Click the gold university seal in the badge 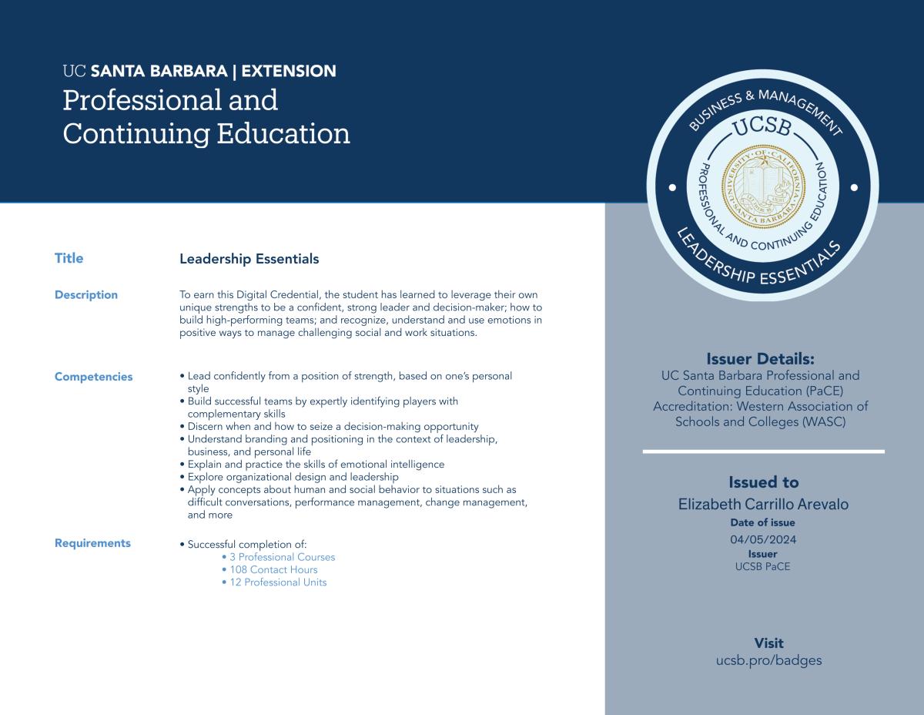(763, 187)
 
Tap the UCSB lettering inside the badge (762, 127)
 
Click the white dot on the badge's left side (672, 187)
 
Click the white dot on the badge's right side (854, 187)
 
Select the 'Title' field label (69, 258)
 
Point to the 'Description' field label (86, 294)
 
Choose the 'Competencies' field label (93, 377)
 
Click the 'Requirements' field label (92, 543)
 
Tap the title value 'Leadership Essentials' (249, 259)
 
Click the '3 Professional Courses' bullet (282, 557)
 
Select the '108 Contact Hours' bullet (273, 570)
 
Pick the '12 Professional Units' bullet (278, 582)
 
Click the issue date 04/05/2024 (763, 539)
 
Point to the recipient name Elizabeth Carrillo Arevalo (763, 505)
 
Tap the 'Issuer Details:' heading (760, 359)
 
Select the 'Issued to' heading (763, 482)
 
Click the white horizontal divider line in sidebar (763, 451)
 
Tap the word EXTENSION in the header (289, 72)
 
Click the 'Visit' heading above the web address (768, 643)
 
